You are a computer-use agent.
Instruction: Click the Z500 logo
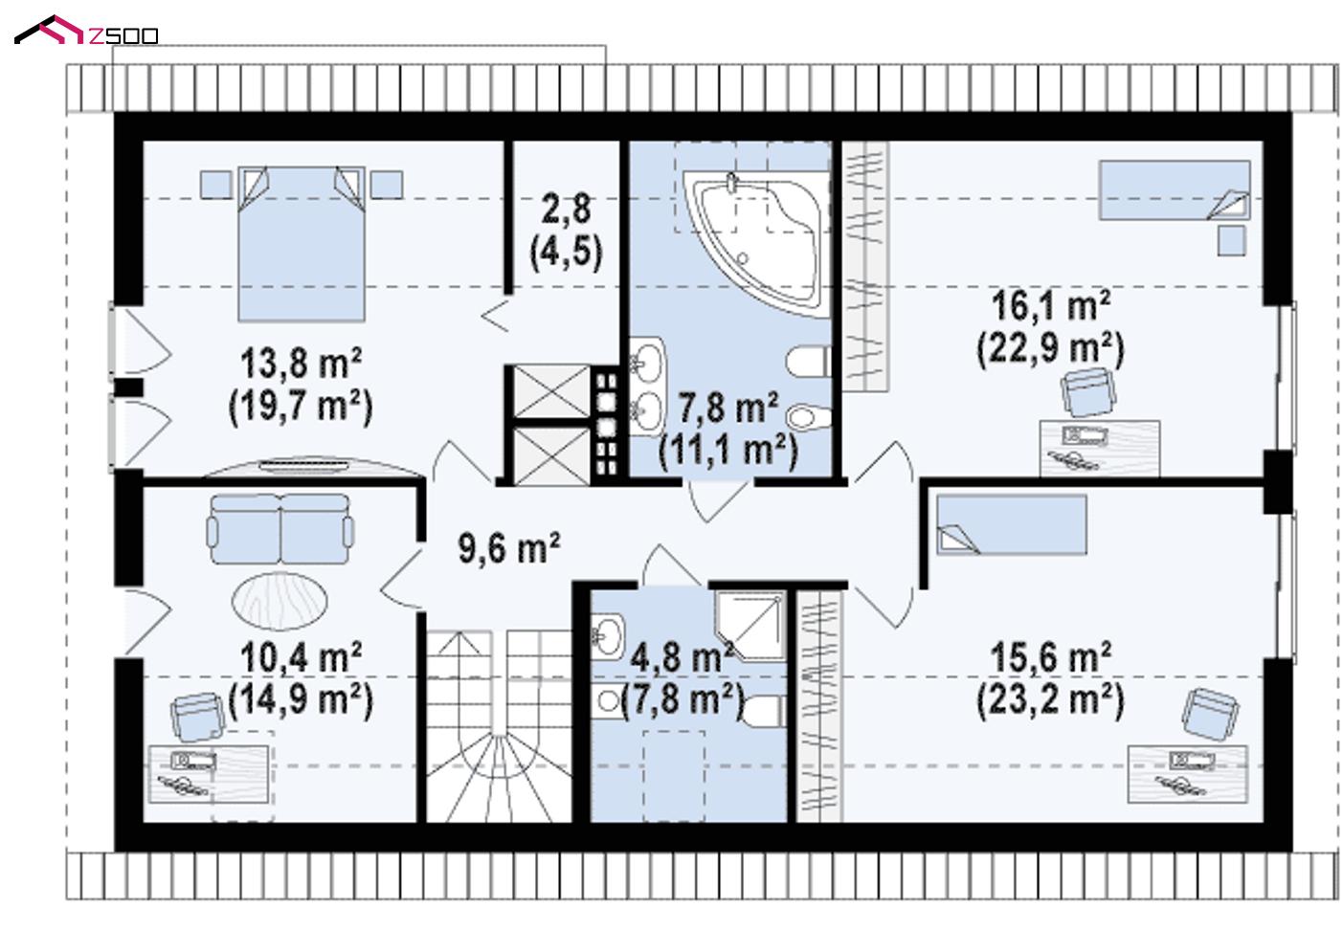pos(86,31)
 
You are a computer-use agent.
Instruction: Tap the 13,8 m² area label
pos(301,364)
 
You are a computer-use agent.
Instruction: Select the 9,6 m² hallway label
pos(509,547)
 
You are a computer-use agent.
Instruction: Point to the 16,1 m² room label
pos(1051,305)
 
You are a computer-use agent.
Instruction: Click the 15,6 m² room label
pos(1051,657)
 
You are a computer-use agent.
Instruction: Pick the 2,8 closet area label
pos(566,208)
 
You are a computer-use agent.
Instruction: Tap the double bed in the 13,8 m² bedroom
pos(302,244)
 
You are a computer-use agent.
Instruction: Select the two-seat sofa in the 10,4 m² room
pos(280,529)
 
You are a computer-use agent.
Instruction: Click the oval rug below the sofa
pos(280,601)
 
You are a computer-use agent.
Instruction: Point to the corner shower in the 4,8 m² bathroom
pos(750,627)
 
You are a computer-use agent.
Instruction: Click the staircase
pos(499,726)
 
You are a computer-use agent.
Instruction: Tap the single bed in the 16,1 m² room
pos(1175,190)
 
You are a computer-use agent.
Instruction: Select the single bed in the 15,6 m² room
pos(1012,524)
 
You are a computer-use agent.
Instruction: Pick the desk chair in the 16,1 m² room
pos(1088,392)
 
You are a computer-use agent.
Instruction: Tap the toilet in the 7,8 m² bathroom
pos(808,362)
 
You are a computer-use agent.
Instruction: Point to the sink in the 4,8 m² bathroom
pos(608,636)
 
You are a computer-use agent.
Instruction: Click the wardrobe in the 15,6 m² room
pos(819,706)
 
